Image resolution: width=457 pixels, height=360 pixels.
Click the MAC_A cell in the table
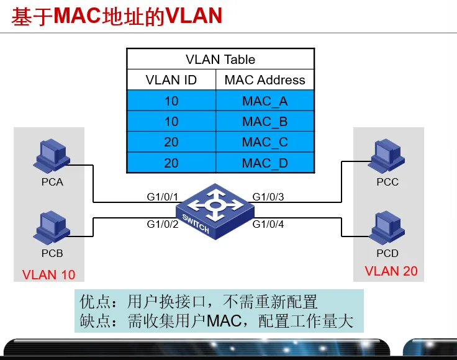[x=265, y=101]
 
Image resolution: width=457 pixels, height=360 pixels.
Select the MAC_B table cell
[x=265, y=121]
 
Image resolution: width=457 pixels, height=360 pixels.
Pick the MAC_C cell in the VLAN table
[x=265, y=142]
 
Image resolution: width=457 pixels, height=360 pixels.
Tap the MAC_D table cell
[x=265, y=163]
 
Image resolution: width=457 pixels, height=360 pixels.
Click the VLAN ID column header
[x=171, y=80]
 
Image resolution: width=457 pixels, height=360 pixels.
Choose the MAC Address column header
[x=265, y=80]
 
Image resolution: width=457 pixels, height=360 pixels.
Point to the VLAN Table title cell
[x=220, y=60]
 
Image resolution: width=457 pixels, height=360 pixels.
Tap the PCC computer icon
[x=387, y=156]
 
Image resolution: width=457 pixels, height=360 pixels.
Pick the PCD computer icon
[x=387, y=228]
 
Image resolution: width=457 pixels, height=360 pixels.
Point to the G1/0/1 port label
[x=163, y=197]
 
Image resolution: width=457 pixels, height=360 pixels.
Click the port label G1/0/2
[x=163, y=223]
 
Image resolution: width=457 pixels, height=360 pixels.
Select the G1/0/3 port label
[x=268, y=197]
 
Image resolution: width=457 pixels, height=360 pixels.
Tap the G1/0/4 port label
[x=268, y=223]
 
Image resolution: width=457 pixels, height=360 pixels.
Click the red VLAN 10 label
[x=48, y=274]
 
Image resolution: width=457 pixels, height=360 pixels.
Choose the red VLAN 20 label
[x=391, y=271]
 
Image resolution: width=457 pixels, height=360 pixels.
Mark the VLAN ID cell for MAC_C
[x=171, y=142]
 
